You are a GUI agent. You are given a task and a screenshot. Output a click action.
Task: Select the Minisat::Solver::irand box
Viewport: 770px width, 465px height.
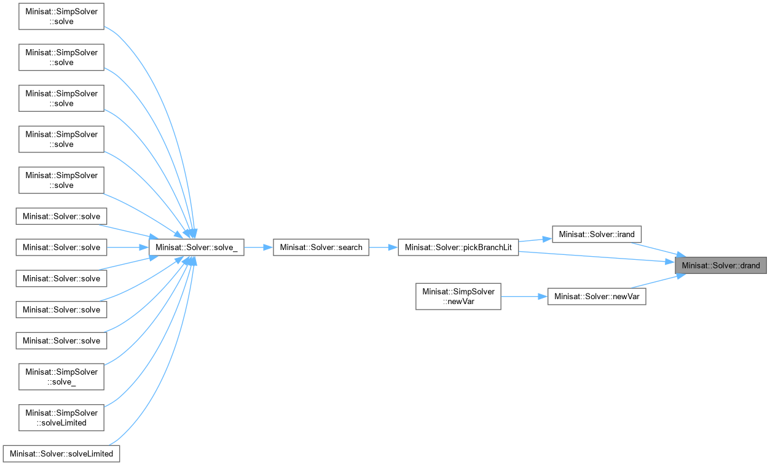[597, 235]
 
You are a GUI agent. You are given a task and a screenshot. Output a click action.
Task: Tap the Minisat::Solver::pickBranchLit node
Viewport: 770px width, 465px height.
[458, 248]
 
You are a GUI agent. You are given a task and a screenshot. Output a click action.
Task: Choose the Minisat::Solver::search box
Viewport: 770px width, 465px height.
[321, 248]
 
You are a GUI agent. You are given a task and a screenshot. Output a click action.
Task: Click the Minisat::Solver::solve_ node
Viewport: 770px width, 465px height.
[196, 248]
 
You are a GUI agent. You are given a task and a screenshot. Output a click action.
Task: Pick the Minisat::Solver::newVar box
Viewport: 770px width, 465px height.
[596, 297]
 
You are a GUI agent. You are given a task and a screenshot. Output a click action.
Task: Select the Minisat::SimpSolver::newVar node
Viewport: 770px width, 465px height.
[458, 297]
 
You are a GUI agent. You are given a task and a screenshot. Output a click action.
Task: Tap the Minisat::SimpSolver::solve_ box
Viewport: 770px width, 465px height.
[61, 377]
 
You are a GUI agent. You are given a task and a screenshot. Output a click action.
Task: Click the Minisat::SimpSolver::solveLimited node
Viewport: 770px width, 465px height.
[61, 418]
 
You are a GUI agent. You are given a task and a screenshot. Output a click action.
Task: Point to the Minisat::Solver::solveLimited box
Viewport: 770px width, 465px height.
[61, 454]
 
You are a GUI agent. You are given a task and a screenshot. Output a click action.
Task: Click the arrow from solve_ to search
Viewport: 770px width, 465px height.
[258, 248]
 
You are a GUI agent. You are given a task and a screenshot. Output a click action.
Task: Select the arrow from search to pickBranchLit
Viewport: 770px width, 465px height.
[383, 248]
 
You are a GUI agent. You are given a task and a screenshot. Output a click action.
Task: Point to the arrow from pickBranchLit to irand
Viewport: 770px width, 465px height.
[535, 240]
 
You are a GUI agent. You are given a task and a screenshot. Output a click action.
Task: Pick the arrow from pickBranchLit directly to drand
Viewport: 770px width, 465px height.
[596, 257]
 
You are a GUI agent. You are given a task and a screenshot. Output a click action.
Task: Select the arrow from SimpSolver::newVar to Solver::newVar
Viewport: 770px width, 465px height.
[524, 297]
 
